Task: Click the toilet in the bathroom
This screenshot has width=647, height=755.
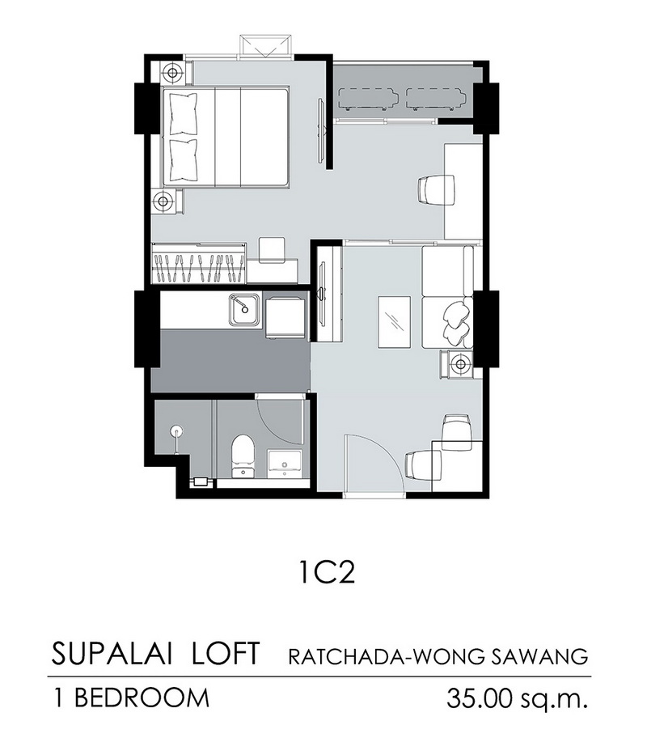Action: [x=243, y=456]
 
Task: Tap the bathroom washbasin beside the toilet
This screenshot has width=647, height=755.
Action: [x=285, y=464]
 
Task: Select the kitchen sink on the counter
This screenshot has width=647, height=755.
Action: [x=244, y=310]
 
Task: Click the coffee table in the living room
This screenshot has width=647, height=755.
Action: [x=395, y=321]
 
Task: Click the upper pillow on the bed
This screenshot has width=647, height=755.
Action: [x=184, y=114]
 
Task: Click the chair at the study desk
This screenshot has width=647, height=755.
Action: [x=436, y=189]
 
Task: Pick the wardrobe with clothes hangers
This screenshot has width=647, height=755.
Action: [x=199, y=264]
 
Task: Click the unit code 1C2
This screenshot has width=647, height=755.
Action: [x=327, y=573]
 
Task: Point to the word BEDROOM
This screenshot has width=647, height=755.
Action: [x=142, y=698]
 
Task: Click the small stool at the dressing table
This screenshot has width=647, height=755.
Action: [x=272, y=250]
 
